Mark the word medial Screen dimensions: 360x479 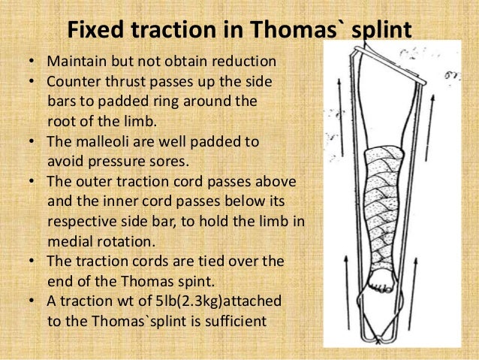[x=69, y=241]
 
